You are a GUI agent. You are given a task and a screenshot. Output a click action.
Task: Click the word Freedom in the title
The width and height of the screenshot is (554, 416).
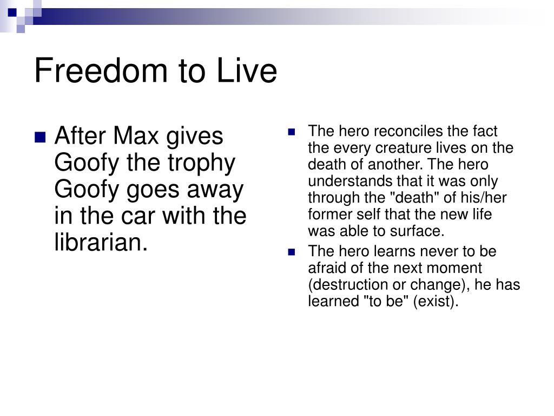[x=101, y=70]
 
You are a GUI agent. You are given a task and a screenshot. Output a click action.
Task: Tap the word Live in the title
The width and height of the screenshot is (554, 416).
[x=247, y=70]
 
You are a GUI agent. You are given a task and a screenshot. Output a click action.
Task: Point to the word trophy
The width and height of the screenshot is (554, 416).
[x=201, y=164]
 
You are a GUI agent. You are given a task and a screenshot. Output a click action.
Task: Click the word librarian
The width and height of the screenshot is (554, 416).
[x=101, y=242]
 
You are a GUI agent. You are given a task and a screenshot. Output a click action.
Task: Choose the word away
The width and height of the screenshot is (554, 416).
[x=215, y=190]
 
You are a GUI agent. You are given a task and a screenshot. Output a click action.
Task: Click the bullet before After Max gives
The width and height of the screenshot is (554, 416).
[x=40, y=137]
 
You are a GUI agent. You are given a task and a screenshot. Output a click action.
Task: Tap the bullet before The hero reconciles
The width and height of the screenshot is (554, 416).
[x=292, y=132]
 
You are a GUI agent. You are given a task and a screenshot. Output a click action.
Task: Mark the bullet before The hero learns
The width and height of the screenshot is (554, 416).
[x=292, y=252]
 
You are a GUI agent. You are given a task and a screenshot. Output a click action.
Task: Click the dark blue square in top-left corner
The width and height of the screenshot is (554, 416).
[x=12, y=13]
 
